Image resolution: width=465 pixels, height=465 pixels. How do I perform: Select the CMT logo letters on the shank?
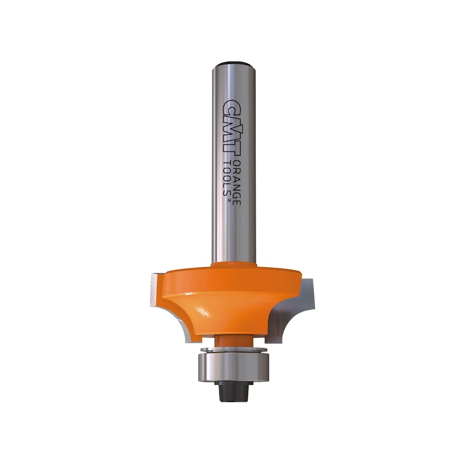point(231,128)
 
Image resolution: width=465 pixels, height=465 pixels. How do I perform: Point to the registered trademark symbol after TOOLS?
point(229,200)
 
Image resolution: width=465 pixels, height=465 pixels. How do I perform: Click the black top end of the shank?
point(234,64)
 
